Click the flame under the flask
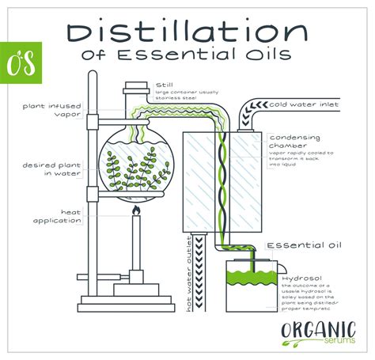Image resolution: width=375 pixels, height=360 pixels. [x=135, y=212]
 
